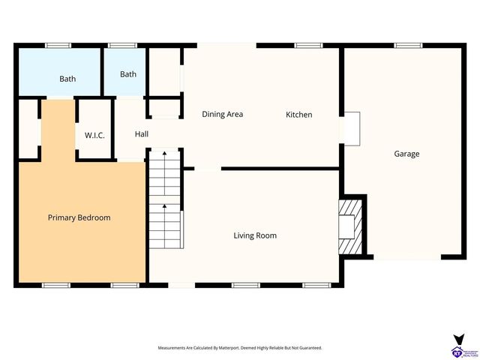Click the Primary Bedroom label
pos(79,217)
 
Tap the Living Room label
pos(255,235)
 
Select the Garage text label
pos(406,154)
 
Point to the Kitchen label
pos(298,115)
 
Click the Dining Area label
pos(223,115)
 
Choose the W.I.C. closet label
pos(94,135)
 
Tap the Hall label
pos(141,134)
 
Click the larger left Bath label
pos(67,79)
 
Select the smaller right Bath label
pos(128,74)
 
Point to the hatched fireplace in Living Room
pos(349,226)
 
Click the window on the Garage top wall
pos(407,46)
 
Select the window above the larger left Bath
pos(58,46)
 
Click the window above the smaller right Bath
pos(121,46)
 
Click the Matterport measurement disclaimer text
pos(239,348)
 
